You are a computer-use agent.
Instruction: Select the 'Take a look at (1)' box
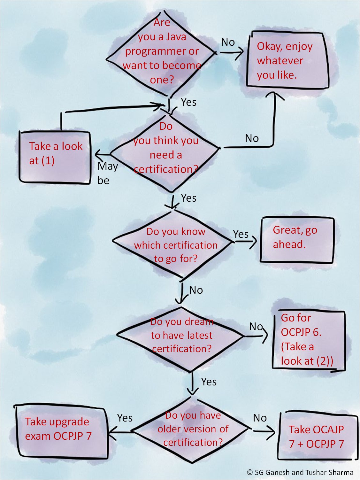[55, 157]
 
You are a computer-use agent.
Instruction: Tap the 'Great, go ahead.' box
[297, 240]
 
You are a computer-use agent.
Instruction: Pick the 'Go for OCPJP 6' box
[308, 340]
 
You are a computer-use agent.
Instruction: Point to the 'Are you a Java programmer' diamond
[162, 54]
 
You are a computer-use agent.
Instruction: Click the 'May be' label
[107, 173]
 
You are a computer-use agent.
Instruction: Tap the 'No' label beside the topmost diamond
[228, 42]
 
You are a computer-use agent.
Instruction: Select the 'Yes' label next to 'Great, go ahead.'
[241, 234]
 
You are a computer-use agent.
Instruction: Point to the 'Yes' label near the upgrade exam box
[125, 418]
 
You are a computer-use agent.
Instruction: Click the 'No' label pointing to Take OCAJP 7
[260, 418]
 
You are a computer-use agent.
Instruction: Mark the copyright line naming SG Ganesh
[300, 472]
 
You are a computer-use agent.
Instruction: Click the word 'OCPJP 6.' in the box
[301, 332]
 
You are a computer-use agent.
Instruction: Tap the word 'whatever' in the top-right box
[280, 61]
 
